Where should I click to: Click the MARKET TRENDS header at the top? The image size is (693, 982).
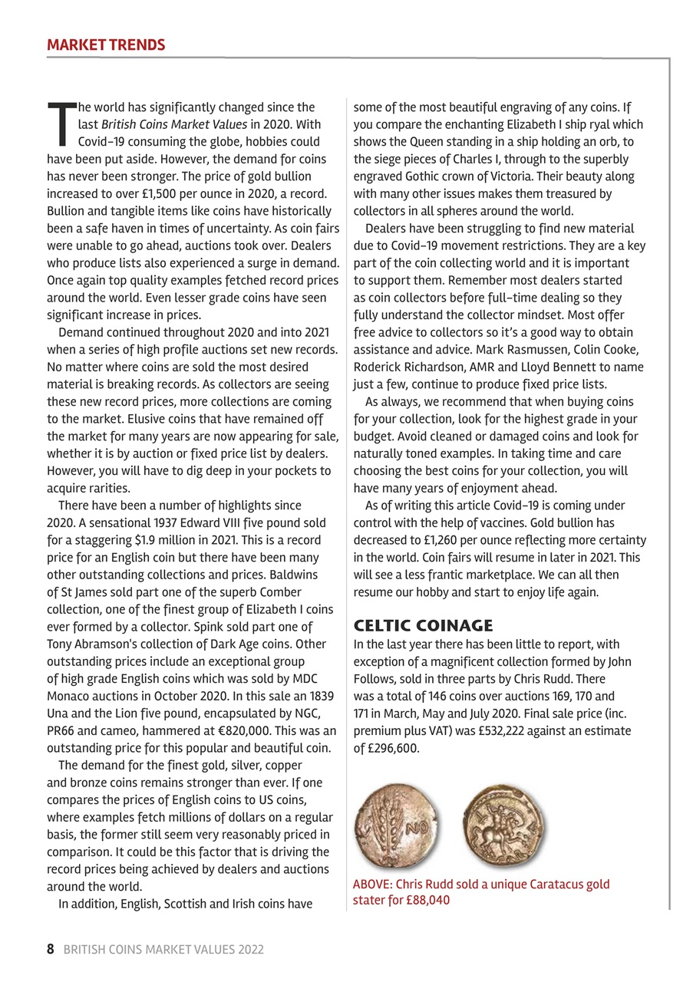click(x=106, y=44)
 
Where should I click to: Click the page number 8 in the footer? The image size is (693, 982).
click(x=51, y=949)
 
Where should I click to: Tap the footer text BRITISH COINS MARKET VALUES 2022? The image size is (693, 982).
click(x=163, y=950)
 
